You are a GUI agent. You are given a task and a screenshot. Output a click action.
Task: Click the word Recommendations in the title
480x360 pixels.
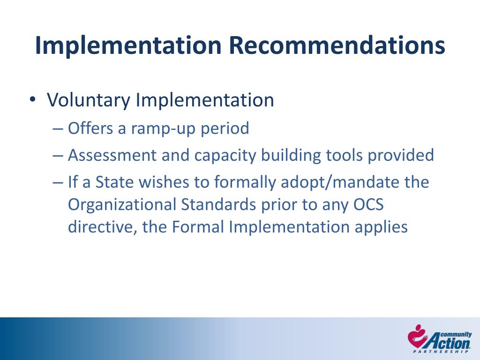click(336, 45)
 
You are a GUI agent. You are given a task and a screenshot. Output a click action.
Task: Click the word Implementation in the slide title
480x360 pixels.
click(128, 45)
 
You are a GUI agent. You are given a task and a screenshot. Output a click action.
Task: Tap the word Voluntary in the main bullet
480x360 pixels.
click(88, 100)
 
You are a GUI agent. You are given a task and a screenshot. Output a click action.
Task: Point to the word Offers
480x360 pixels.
click(90, 128)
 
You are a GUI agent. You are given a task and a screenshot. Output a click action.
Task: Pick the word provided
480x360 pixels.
click(401, 155)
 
